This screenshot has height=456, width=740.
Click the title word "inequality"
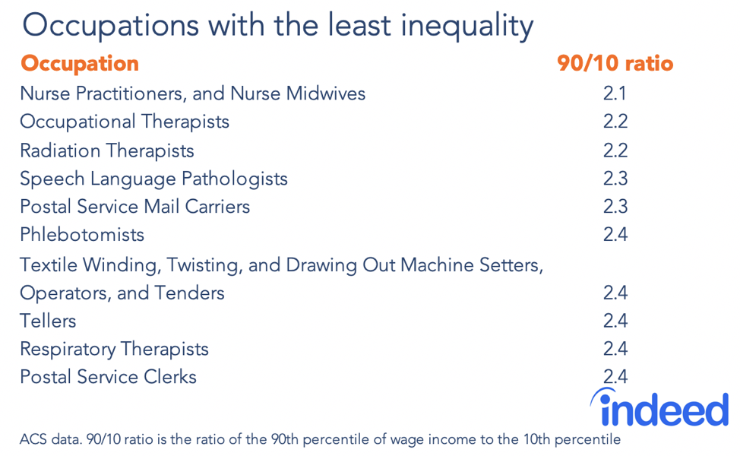(464, 27)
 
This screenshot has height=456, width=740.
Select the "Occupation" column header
(80, 64)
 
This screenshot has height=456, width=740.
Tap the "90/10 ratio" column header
(615, 64)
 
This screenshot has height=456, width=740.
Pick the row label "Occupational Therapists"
(125, 122)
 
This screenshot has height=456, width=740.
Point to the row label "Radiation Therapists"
(107, 150)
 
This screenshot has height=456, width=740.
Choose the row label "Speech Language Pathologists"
(153, 179)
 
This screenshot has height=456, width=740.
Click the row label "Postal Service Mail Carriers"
(134, 207)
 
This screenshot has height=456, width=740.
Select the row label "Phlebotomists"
(82, 235)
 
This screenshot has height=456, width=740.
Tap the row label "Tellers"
(48, 321)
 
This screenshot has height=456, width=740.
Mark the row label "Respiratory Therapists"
(114, 350)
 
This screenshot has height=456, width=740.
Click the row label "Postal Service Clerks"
(108, 377)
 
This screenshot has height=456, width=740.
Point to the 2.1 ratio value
(615, 94)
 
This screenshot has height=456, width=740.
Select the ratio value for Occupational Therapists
(615, 122)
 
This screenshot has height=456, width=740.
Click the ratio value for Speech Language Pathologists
(615, 179)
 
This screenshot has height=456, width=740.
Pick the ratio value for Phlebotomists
(615, 235)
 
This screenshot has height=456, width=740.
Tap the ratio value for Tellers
(615, 321)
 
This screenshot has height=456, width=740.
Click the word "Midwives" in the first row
(327, 94)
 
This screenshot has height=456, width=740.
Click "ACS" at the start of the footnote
(33, 439)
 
